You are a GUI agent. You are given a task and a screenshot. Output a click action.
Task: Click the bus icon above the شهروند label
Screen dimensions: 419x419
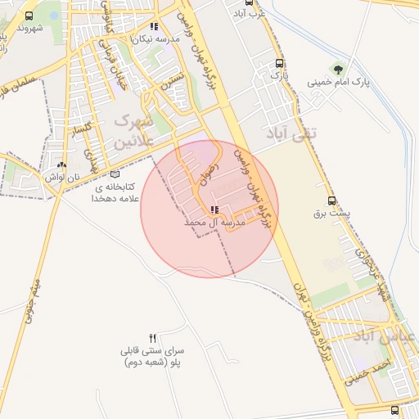[30, 16]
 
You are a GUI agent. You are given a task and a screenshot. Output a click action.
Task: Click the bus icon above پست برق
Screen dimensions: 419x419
[331, 200]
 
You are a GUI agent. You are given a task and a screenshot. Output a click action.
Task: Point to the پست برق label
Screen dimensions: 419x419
[331, 213]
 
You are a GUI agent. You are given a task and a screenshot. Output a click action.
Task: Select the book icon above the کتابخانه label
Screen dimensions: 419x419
[114, 173]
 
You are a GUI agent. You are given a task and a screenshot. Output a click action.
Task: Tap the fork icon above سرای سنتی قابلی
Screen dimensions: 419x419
[152, 338]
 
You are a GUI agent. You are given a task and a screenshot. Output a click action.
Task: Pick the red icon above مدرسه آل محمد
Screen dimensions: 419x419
[203, 210]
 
